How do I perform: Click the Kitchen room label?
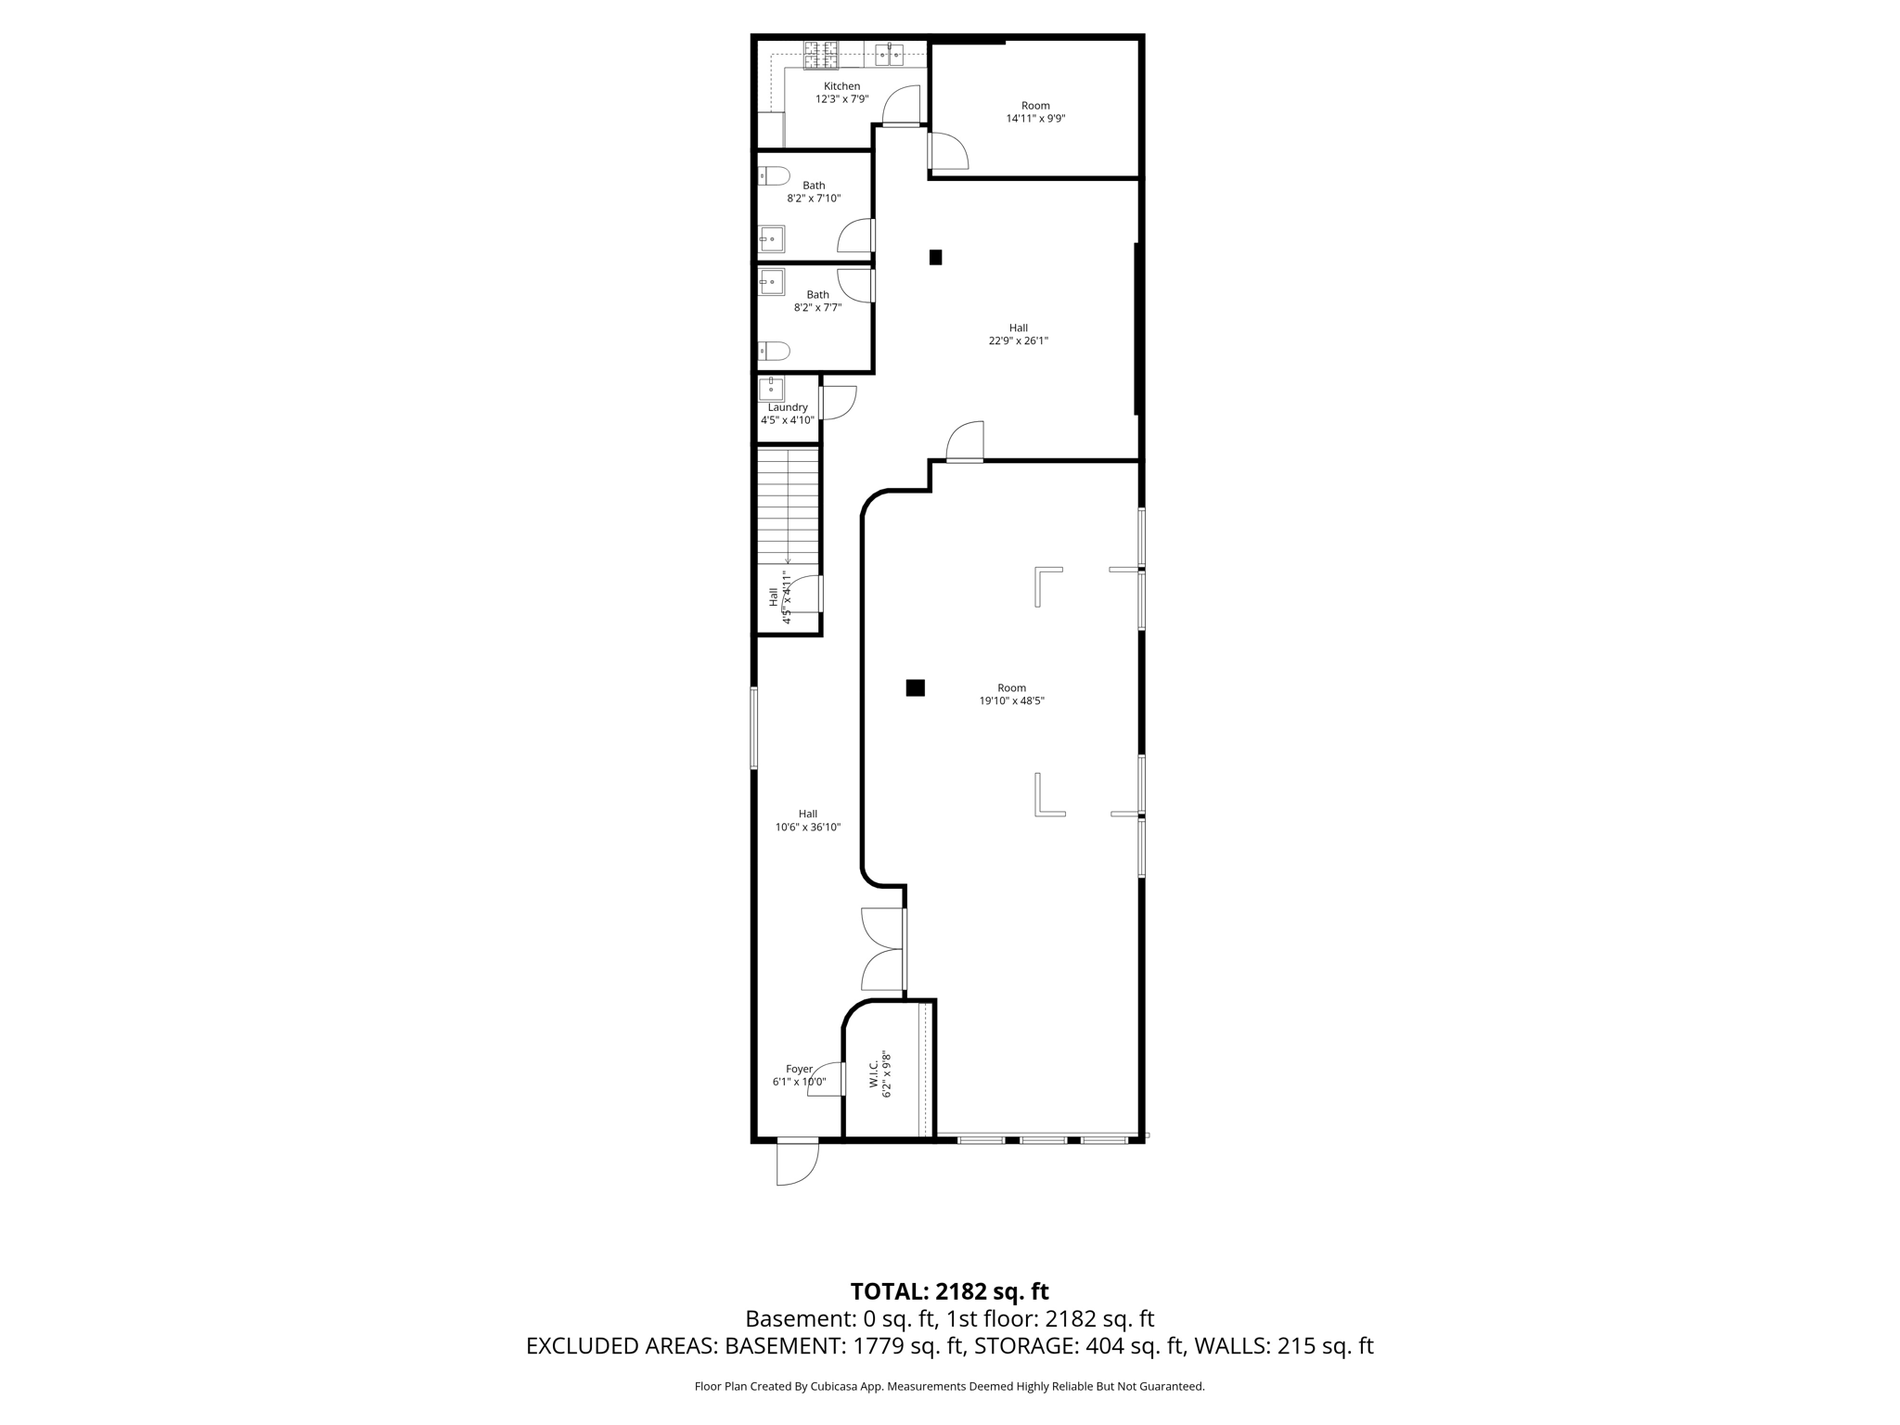pos(841,86)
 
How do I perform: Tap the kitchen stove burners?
pos(820,55)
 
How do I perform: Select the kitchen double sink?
pos(890,54)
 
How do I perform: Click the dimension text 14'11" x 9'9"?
pos(1035,119)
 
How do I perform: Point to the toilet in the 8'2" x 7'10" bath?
pos(774,175)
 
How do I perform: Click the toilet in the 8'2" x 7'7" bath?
pos(774,351)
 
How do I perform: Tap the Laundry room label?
pos(788,407)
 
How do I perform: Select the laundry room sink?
pos(771,389)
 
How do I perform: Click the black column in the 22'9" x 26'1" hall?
pos(935,257)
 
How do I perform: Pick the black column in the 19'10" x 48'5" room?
pos(915,687)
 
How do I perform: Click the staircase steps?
pos(788,506)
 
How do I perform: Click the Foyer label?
pos(799,1069)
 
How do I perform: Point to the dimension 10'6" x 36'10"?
pos(808,827)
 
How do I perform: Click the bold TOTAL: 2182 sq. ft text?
pos(949,1291)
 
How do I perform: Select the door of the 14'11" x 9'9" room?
pos(947,151)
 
